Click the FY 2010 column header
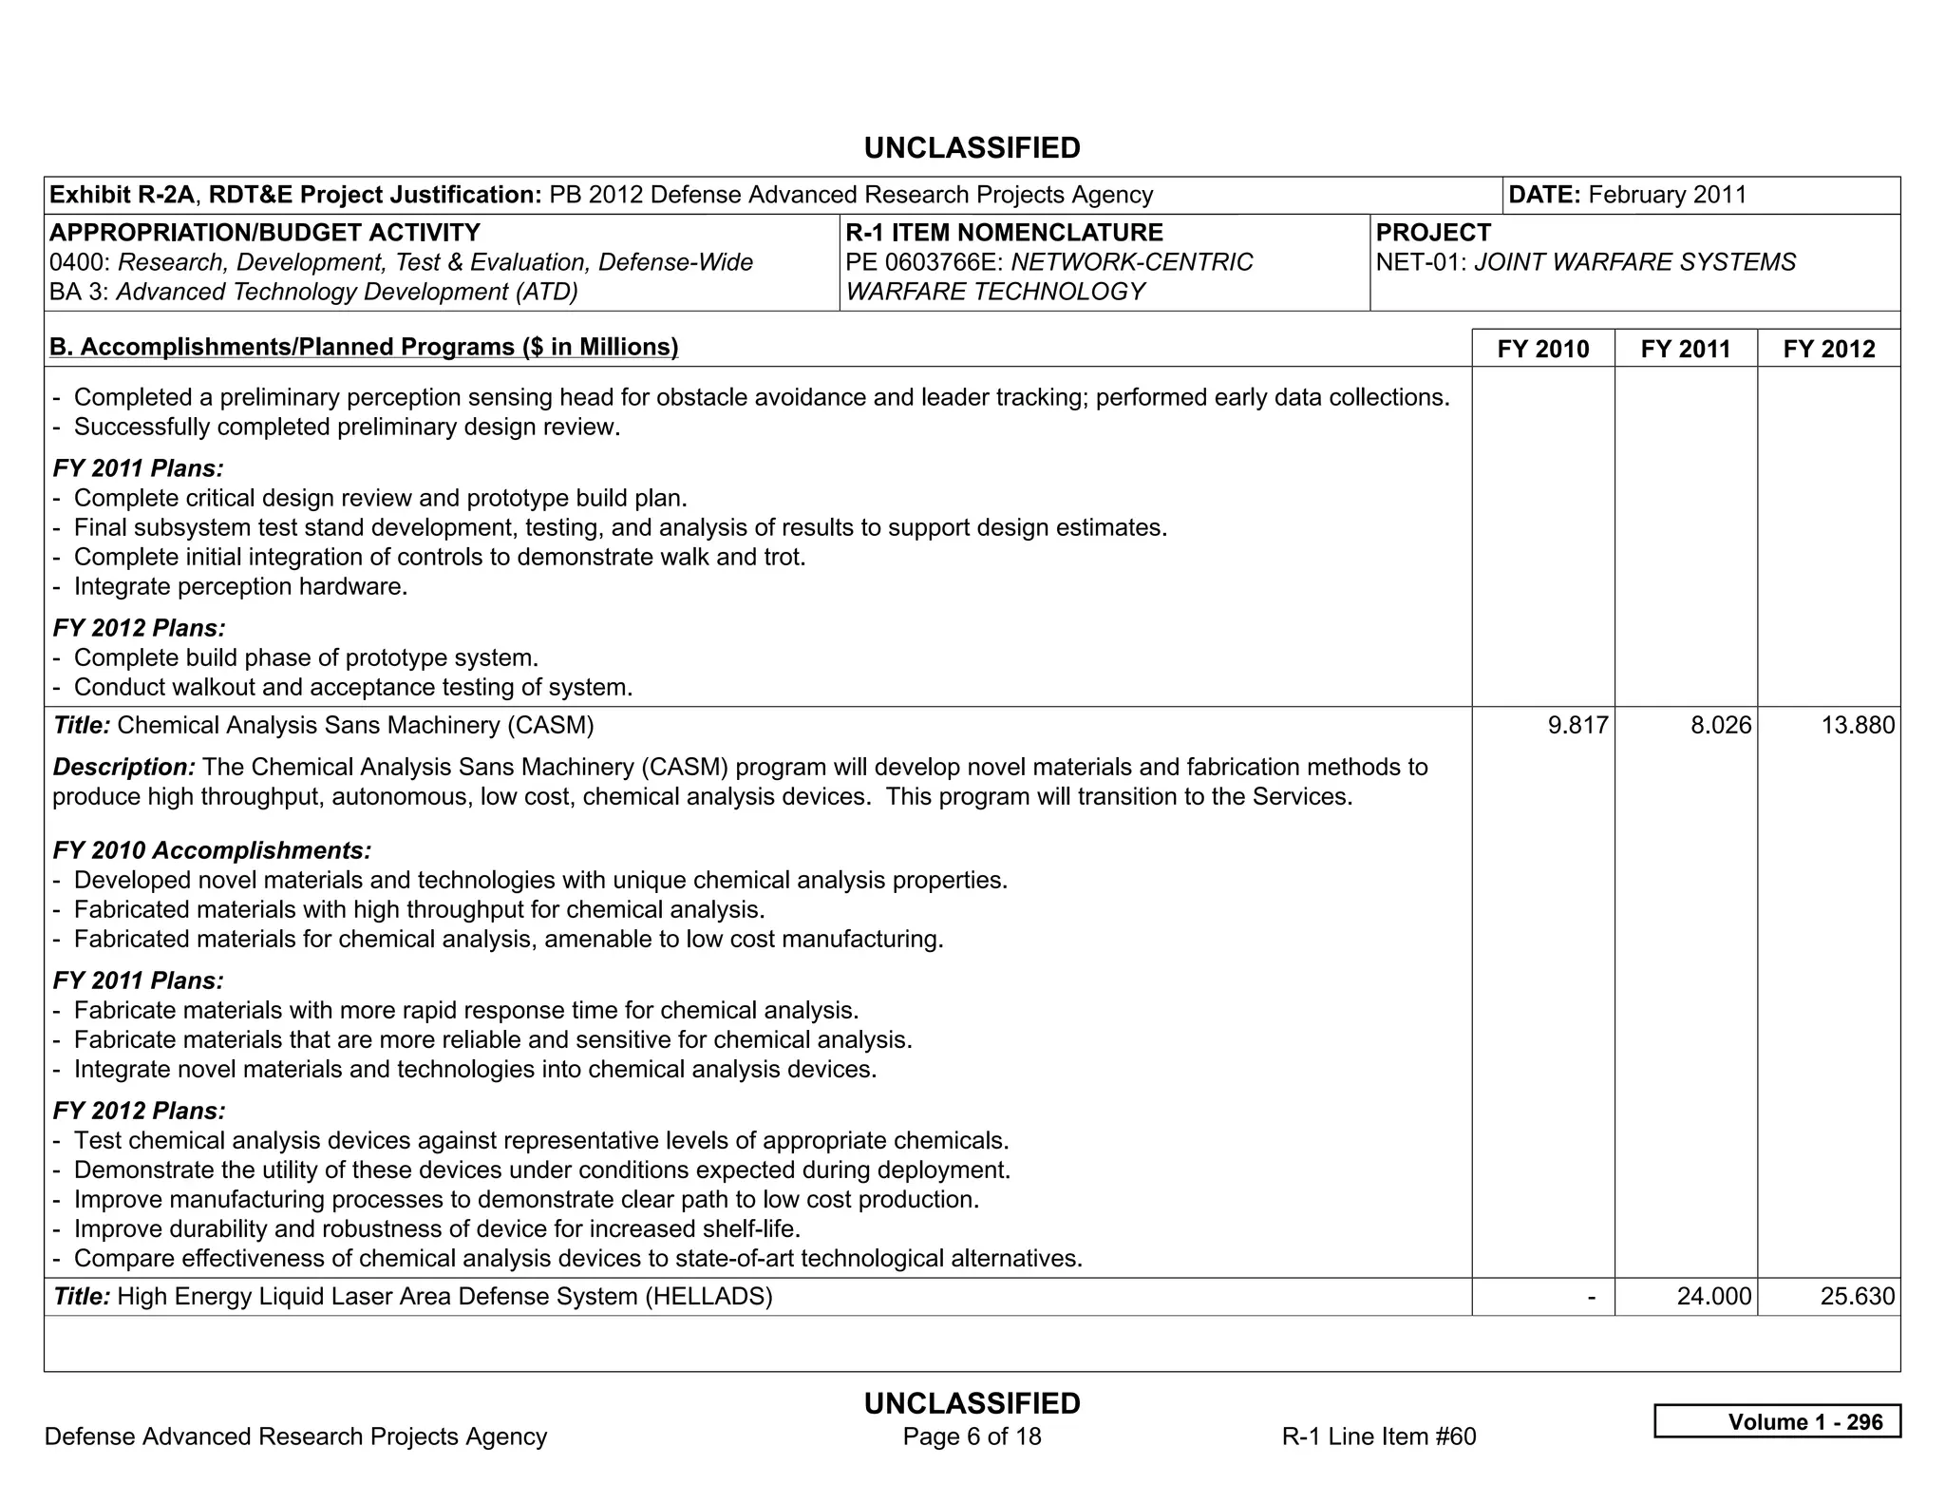[1542, 349]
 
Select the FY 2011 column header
[1685, 349]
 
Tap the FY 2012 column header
[1828, 349]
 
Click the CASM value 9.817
[1577, 726]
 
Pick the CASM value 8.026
[1720, 726]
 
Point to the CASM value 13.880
[1857, 726]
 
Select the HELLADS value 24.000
[1713, 1297]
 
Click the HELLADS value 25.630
[1857, 1297]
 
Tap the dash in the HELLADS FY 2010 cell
[1592, 1297]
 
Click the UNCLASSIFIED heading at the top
[972, 148]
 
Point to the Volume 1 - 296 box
[1777, 1421]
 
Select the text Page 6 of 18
[972, 1436]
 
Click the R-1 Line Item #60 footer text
[1378, 1436]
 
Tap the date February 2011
[1667, 195]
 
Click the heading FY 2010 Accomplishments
[212, 850]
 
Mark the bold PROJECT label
[1433, 233]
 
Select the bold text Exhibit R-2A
[122, 195]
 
